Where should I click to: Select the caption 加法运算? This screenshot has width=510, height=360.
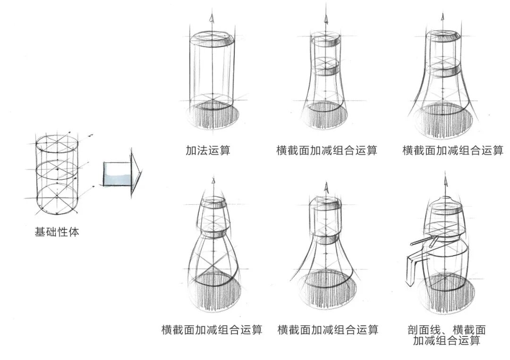click(208, 151)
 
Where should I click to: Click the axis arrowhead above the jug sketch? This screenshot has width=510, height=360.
click(445, 178)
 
